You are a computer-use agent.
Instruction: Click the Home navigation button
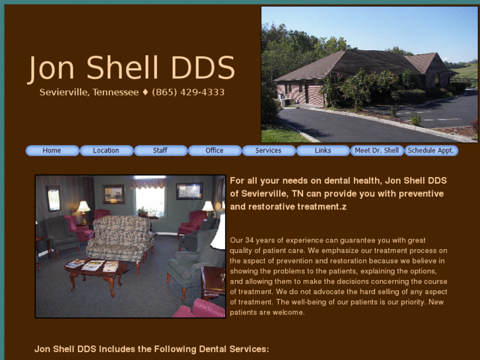pyautogui.click(x=52, y=151)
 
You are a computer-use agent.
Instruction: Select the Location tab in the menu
pyautogui.click(x=106, y=151)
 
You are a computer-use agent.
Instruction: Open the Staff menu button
pyautogui.click(x=160, y=151)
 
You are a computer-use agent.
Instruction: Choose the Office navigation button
pyautogui.click(x=215, y=151)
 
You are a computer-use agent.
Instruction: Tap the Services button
pyautogui.click(x=269, y=151)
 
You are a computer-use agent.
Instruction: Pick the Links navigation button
pyautogui.click(x=323, y=151)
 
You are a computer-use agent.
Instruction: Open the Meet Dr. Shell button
pyautogui.click(x=377, y=151)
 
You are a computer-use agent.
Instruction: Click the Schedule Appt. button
pyautogui.click(x=431, y=151)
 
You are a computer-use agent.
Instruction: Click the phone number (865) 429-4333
pyautogui.click(x=188, y=92)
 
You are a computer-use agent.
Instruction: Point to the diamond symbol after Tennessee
pyautogui.click(x=145, y=92)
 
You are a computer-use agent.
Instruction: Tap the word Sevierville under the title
pyautogui.click(x=63, y=92)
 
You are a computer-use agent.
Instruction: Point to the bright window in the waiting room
pyautogui.click(x=150, y=198)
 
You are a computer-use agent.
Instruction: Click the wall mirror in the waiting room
pyautogui.click(x=53, y=199)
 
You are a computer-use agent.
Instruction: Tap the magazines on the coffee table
pyautogui.click(x=92, y=266)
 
